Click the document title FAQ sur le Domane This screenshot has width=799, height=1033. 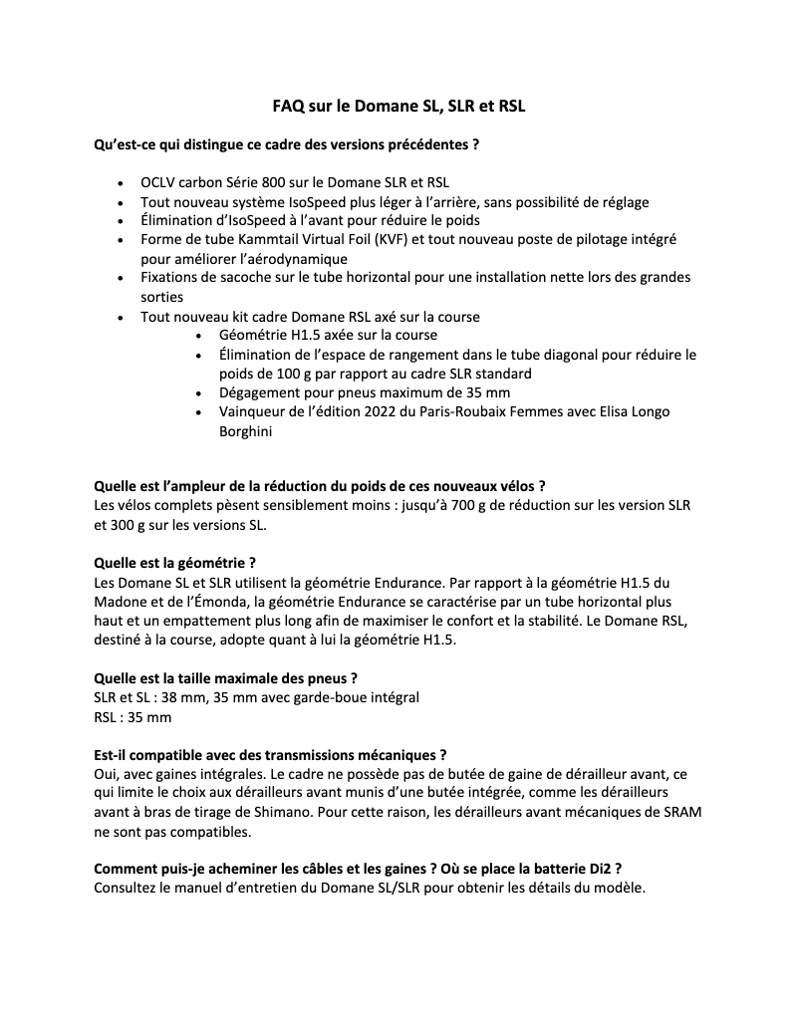(x=399, y=104)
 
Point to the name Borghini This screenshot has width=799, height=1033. (x=245, y=430)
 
